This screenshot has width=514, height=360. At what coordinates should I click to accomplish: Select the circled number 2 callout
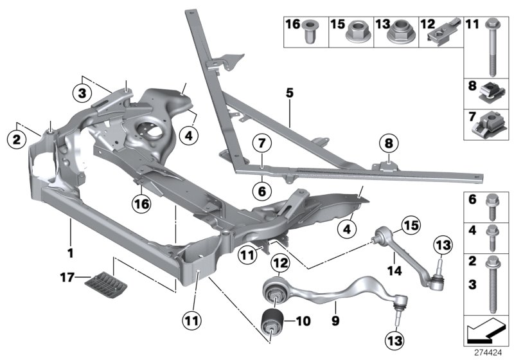(16, 137)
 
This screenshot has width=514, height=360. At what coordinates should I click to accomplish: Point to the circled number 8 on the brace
(387, 143)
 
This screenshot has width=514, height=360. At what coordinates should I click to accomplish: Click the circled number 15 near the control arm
(410, 225)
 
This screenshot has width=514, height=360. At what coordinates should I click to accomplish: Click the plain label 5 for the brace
(290, 94)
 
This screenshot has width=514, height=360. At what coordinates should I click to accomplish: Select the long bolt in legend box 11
(492, 48)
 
